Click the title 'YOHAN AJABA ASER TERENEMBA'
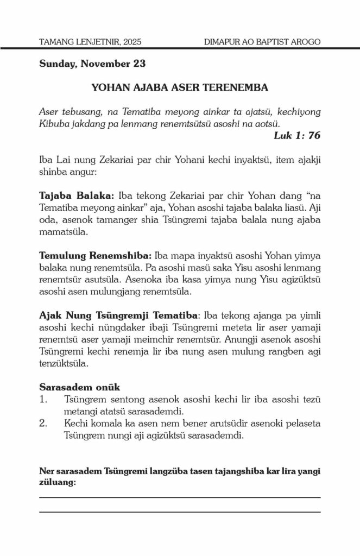tap(180, 87)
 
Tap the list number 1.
tap(43, 400)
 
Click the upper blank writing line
tap(180, 497)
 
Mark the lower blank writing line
tap(180, 511)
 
